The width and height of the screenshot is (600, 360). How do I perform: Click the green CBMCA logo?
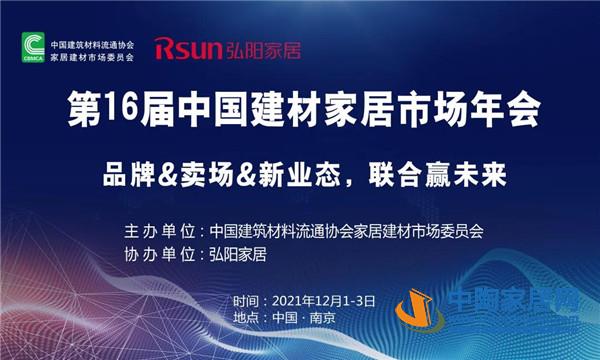coord(33,46)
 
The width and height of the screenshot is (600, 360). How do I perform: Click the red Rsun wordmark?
coord(187,47)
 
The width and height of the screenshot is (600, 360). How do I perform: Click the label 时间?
coord(244,301)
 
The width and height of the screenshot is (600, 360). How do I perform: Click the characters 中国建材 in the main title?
coord(247,108)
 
